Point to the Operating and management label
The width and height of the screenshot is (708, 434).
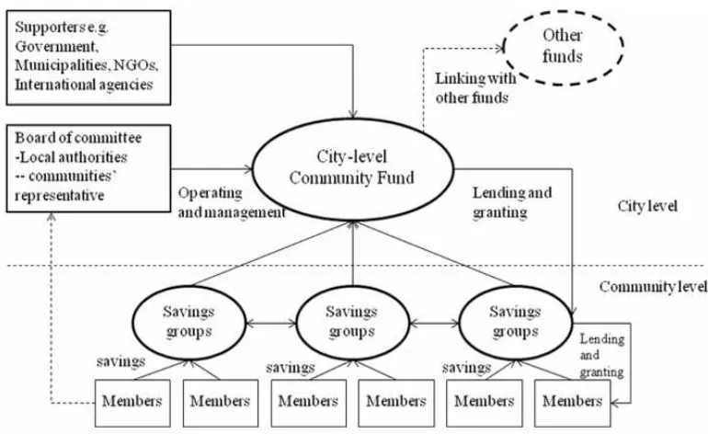pyautogui.click(x=232, y=203)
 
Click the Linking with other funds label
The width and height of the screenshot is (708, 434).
pyautogui.click(x=475, y=88)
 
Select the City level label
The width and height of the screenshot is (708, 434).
pyautogui.click(x=647, y=206)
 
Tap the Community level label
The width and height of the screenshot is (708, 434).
pyautogui.click(x=653, y=287)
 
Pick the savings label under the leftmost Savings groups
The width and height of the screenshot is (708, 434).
pyautogui.click(x=121, y=361)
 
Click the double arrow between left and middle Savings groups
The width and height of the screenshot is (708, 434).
pyautogui.click(x=271, y=324)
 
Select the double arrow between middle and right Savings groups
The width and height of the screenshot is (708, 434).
pyautogui.click(x=434, y=324)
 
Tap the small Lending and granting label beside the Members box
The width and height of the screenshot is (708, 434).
pyautogui.click(x=602, y=356)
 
